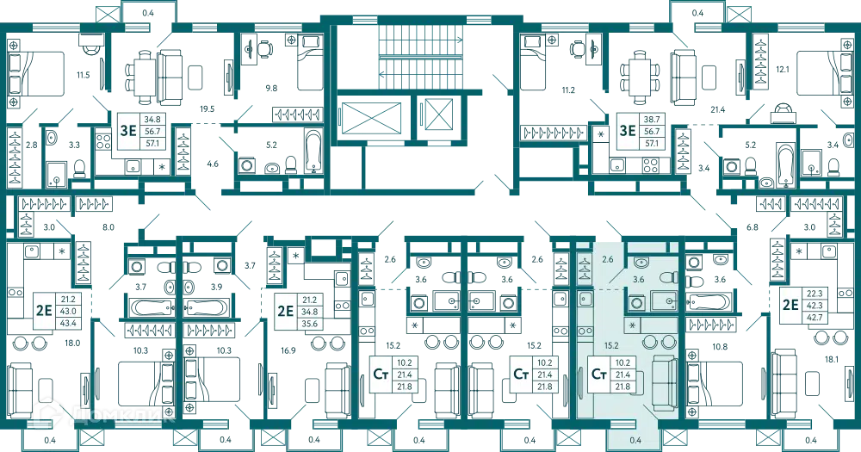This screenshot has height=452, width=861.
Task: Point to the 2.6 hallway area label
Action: click(608, 258)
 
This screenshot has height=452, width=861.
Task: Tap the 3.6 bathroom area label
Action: click(639, 280)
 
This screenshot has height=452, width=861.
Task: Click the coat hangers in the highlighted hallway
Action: click(584, 269)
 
